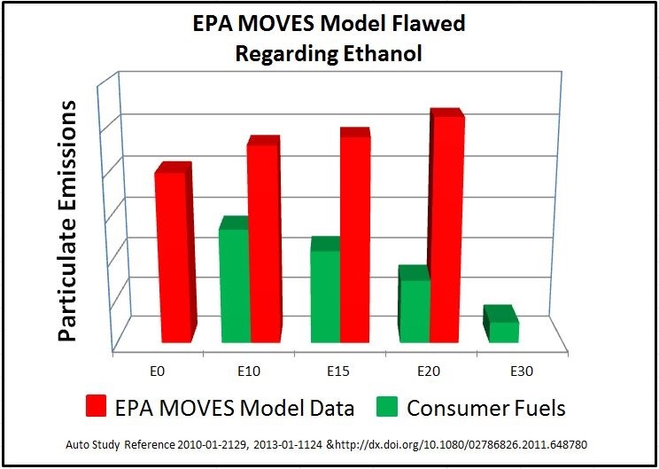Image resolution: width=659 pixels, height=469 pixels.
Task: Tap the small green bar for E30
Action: (503, 331)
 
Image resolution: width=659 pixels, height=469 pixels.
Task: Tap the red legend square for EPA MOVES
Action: (99, 408)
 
